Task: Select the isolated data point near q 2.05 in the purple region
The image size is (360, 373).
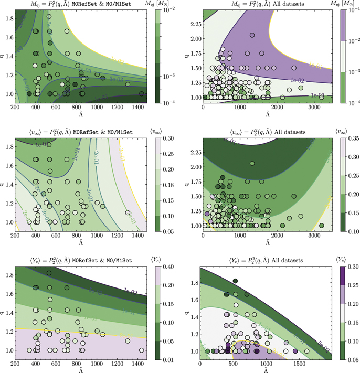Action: pyautogui.click(x=252, y=35)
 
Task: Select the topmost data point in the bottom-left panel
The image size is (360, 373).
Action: pyautogui.click(x=49, y=273)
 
